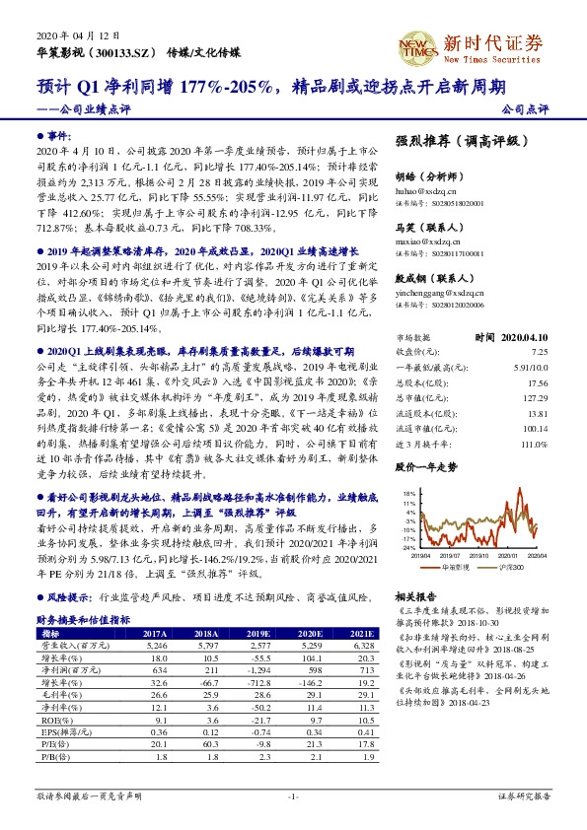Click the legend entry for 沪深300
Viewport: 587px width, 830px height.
[515, 568]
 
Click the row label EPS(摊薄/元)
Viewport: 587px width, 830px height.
[61, 732]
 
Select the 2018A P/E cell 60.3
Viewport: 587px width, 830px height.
[208, 744]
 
